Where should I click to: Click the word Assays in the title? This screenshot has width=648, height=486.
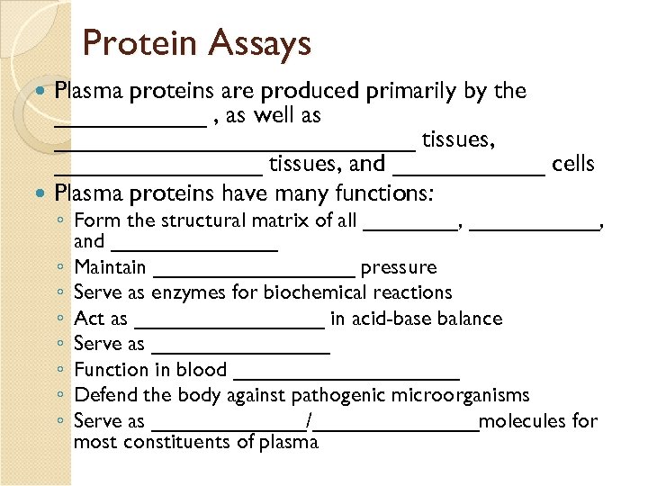tap(260, 43)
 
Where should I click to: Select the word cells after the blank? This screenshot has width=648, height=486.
tap(573, 164)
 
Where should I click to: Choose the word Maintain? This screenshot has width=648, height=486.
tap(110, 267)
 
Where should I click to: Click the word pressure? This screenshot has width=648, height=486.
tap(398, 267)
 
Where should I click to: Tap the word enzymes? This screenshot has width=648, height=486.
tap(184, 292)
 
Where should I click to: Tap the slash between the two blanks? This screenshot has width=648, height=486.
tap(310, 421)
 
